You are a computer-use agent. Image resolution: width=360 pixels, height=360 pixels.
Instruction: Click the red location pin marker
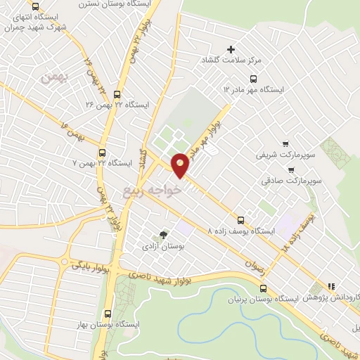click(181, 165)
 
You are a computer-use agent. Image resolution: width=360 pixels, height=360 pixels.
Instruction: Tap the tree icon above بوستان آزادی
click(164, 235)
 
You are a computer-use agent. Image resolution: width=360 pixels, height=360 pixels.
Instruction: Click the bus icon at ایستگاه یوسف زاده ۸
click(242, 219)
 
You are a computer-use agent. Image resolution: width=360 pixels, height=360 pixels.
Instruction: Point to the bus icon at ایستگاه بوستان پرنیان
click(263, 288)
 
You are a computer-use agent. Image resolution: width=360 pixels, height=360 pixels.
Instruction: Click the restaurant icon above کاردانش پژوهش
click(330, 285)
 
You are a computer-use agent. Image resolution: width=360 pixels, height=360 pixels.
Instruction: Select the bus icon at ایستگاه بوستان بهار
click(108, 314)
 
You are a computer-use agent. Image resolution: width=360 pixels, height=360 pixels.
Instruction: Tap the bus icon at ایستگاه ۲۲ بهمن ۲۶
click(117, 94)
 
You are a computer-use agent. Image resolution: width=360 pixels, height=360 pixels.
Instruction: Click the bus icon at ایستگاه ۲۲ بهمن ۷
click(103, 151)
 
